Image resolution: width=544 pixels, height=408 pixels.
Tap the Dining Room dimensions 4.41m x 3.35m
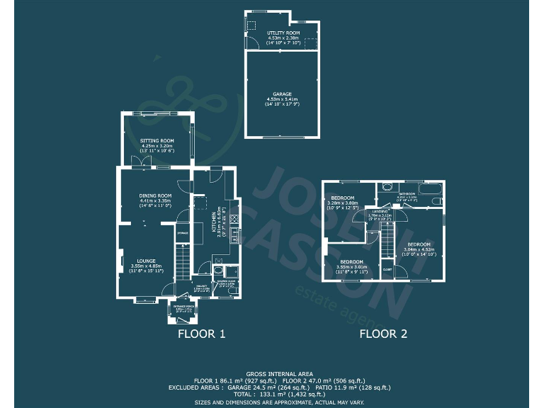156,200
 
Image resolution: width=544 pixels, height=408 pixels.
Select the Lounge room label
147,261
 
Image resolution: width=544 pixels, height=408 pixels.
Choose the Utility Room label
283,33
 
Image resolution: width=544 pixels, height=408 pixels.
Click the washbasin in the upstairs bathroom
386,188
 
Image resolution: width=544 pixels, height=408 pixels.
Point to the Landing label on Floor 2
380,211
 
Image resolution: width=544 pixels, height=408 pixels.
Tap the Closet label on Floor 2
387,269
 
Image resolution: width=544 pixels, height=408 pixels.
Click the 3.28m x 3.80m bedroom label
342,198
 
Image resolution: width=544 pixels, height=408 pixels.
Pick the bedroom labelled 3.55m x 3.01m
352,262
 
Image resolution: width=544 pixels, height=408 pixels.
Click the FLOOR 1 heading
201,334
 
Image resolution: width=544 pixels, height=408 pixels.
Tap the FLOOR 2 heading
383,334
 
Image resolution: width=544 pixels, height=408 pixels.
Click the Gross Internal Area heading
272,373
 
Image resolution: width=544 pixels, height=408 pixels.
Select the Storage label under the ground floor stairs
182,233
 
